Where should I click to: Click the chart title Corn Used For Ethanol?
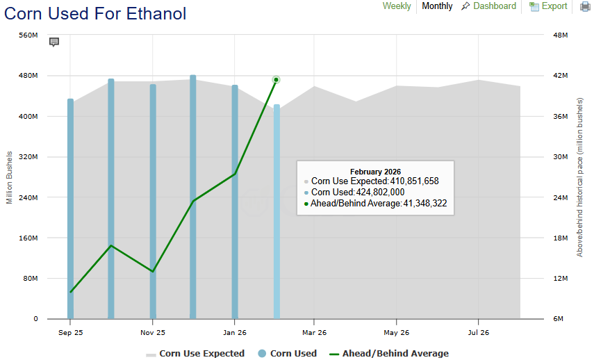tap(96, 13)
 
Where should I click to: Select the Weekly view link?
tap(397, 6)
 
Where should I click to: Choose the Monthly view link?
tap(437, 6)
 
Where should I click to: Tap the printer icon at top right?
tap(585, 7)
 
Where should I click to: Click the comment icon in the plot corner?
tap(54, 42)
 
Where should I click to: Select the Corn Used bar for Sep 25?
tap(70, 208)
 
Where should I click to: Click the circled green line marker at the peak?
tap(276, 80)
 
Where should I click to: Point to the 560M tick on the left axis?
tap(28, 35)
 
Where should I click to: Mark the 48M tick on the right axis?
tap(560, 35)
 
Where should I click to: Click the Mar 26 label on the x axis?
tap(314, 332)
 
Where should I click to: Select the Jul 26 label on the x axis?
tap(478, 332)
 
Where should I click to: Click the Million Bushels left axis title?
tap(10, 177)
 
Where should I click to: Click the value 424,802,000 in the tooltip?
tap(380, 193)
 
